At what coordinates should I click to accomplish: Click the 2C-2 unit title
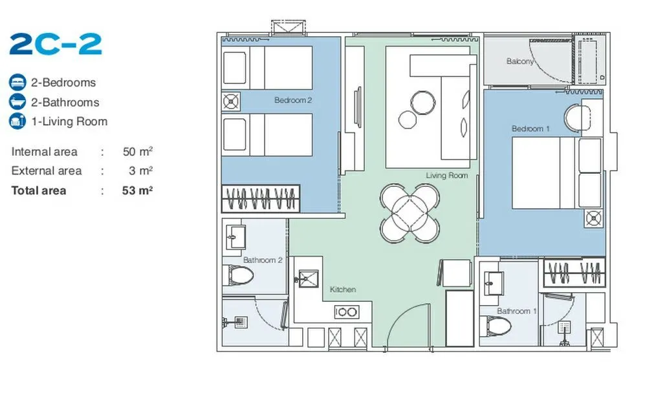tap(55, 44)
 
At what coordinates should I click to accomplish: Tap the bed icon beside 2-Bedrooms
tap(17, 83)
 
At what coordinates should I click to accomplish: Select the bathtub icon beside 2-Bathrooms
tap(17, 102)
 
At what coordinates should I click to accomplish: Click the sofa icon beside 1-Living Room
tap(17, 122)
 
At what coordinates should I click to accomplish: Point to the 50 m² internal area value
tap(137, 151)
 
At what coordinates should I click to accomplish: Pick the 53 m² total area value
tap(137, 190)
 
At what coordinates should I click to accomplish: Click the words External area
tap(46, 171)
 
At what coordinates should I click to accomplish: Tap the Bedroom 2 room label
tap(293, 100)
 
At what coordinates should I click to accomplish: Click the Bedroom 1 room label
tap(531, 129)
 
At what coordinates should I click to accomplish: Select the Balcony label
tap(520, 61)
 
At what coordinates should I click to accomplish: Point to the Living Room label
tap(447, 176)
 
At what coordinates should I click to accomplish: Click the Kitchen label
tap(343, 290)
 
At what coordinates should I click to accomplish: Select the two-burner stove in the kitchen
tap(346, 312)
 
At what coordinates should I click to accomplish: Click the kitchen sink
tap(308, 279)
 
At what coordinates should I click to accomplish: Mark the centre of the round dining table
tap(410, 213)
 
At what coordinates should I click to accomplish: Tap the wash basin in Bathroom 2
tap(236, 237)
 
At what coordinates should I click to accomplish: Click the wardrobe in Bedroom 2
tap(261, 198)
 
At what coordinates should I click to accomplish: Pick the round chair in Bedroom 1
tap(578, 118)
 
